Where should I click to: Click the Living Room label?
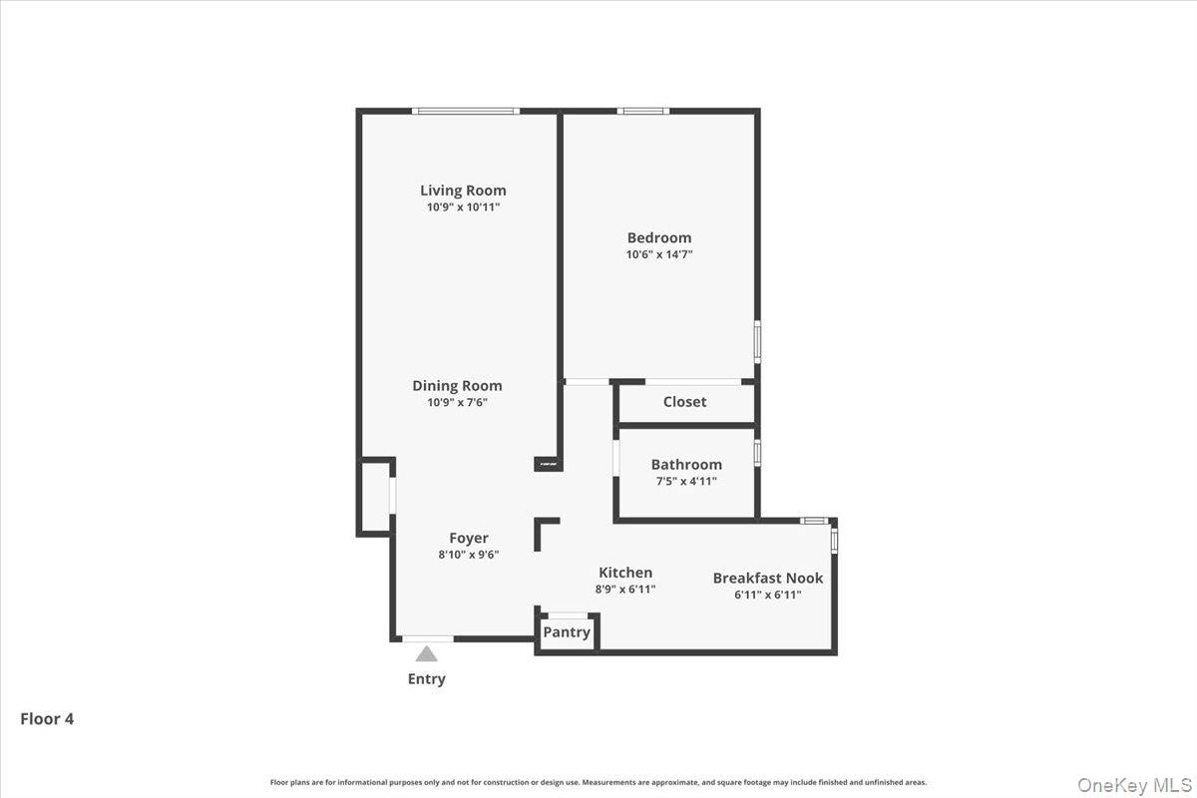point(463,191)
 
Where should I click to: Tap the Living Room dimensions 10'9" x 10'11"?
point(463,207)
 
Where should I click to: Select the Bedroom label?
point(658,237)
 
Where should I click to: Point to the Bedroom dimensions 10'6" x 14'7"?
point(658,254)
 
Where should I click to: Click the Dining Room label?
point(457,385)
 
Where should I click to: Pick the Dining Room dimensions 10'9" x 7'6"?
point(457,403)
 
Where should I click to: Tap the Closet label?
point(684,401)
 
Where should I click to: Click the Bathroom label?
point(686,464)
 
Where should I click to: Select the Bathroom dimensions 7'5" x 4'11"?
point(686,481)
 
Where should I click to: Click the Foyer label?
point(468,538)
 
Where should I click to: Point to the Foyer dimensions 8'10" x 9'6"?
point(468,555)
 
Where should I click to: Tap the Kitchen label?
point(625,572)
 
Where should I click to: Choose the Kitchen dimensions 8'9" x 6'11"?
point(625,589)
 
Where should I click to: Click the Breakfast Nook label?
point(768,578)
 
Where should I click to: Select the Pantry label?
point(567,631)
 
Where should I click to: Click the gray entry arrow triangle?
point(427,654)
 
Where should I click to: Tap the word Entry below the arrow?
point(426,678)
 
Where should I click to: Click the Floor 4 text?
point(47,718)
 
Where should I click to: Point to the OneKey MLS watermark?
point(1133,785)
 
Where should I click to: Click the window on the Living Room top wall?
point(466,111)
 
